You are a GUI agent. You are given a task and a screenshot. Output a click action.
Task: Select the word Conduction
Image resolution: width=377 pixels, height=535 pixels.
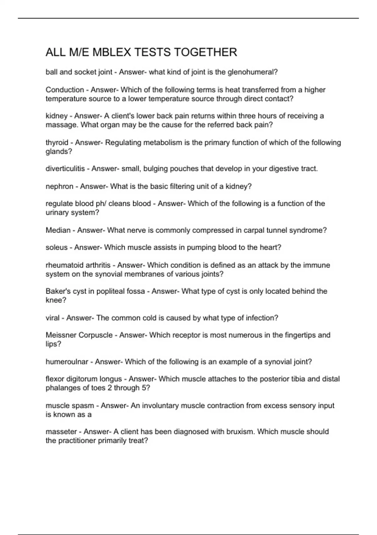point(65,90)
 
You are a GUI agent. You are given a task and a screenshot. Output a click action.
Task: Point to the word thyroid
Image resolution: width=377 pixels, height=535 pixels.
point(57,143)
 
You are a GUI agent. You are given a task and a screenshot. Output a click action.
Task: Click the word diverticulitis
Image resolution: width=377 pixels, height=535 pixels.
point(65,169)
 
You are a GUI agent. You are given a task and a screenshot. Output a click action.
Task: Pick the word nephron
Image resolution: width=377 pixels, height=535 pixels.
point(59,186)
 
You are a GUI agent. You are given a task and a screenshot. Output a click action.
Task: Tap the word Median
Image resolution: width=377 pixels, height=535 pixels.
point(58,230)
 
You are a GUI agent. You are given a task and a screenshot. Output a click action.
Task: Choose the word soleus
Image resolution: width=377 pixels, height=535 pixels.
point(57,247)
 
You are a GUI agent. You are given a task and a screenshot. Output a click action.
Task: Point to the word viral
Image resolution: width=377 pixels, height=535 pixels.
point(52,318)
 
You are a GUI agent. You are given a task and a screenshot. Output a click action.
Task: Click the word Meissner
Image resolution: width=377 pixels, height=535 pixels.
point(61,335)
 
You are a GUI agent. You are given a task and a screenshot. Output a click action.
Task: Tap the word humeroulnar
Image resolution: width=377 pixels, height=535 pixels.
point(67,362)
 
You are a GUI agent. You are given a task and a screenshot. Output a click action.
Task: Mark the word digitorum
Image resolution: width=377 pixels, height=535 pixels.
point(85,379)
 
